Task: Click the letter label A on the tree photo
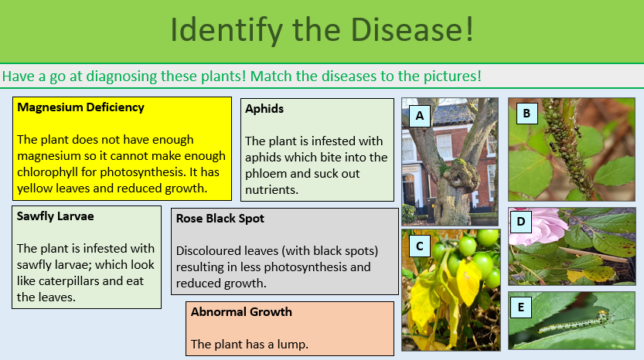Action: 420,116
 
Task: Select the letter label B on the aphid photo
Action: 526,114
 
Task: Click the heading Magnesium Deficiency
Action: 80,107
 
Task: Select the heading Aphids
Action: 264,109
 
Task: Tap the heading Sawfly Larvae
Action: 55,216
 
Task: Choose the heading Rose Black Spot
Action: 220,219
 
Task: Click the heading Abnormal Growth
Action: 241,312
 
